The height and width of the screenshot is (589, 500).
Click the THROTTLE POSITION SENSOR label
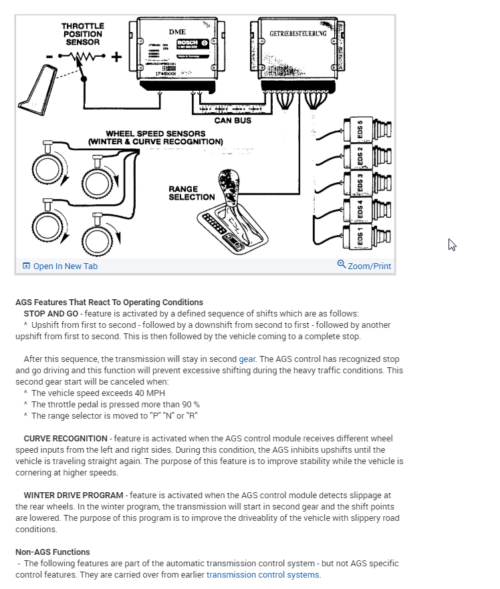(x=83, y=34)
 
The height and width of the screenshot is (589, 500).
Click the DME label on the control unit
(x=178, y=31)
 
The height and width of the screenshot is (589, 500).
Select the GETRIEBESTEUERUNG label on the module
(x=298, y=33)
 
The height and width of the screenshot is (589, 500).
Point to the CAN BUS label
(x=233, y=121)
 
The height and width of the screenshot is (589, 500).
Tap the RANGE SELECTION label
(x=192, y=193)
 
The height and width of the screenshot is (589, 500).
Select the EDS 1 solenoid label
(x=360, y=236)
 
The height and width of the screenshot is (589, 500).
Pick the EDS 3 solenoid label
(x=360, y=183)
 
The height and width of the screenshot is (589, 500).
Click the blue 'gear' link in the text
(x=247, y=359)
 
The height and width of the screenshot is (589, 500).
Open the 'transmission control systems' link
(x=263, y=574)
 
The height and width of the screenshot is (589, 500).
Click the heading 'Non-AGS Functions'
(x=52, y=552)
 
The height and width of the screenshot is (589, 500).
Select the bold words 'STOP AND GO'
(x=51, y=313)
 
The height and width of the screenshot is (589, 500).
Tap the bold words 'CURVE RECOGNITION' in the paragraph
(x=66, y=438)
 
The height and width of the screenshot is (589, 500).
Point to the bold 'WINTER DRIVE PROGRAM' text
(x=74, y=496)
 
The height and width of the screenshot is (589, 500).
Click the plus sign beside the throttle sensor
(x=116, y=57)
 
